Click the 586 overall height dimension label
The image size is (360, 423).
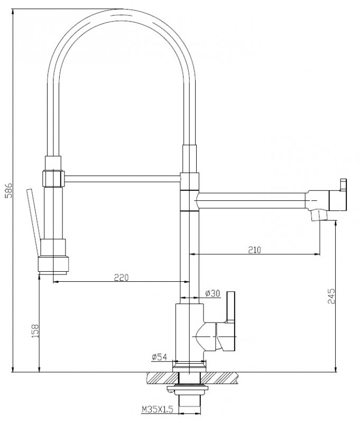pos(8,190)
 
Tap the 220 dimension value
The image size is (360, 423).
pos(122,277)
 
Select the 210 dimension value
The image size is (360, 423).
pos(255,250)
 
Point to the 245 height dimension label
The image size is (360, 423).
pos(331,296)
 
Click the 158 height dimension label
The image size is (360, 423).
pos(35,331)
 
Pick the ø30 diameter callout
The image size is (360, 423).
pos(213,293)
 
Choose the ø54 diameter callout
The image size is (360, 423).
pos(159,356)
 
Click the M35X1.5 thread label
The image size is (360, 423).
pos(157,409)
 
